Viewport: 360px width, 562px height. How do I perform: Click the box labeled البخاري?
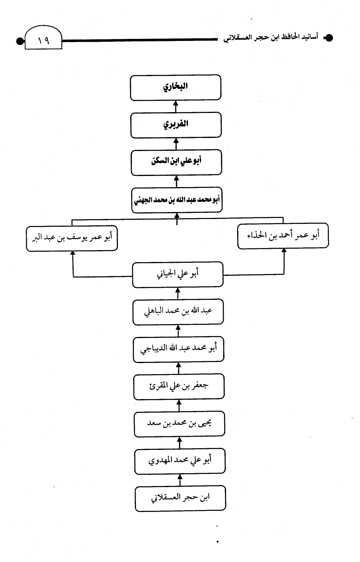coord(175,88)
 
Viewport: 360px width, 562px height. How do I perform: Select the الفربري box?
coord(176,125)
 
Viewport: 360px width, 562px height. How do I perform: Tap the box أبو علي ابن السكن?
coord(176,163)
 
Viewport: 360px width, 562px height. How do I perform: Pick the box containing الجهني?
coord(177,200)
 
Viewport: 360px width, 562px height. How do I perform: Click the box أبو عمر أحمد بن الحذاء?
coord(283,236)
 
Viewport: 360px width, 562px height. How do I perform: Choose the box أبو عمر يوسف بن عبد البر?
coord(72,238)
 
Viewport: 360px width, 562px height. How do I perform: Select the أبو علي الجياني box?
coord(178,275)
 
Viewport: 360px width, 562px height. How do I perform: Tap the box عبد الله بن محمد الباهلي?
coord(178,312)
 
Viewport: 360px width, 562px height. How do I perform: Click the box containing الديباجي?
coord(179,349)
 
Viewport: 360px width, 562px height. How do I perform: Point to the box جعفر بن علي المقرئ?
coord(179,387)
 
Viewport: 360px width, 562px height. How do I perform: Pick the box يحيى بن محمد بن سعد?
coord(179,424)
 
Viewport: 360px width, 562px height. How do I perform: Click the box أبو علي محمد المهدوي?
coord(180,461)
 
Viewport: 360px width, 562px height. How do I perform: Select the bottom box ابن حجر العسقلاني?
coord(180,499)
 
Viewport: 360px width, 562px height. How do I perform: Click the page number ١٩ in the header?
coord(43,41)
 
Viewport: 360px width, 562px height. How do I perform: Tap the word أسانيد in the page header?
coord(309,37)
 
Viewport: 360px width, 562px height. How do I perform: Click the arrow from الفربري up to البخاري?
coord(176,106)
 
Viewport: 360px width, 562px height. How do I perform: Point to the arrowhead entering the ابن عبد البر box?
coord(72,253)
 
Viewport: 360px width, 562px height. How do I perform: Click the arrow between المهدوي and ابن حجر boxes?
coord(180,480)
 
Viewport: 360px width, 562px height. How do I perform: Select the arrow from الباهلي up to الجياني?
coord(178,293)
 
